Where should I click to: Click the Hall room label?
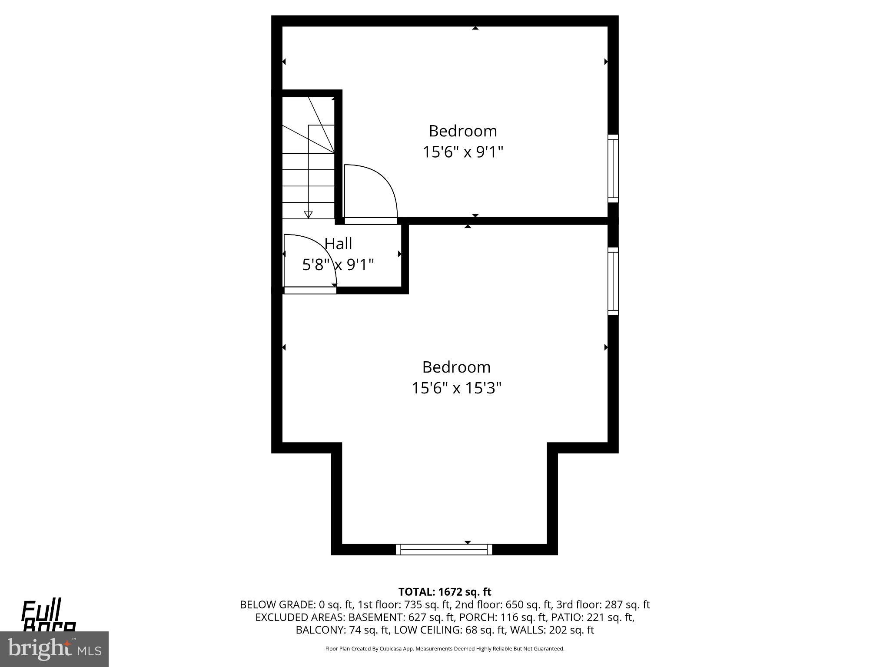tap(338, 244)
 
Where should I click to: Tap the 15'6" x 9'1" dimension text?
tap(463, 152)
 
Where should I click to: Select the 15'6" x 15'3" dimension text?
tap(456, 388)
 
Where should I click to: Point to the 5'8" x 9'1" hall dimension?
tap(338, 264)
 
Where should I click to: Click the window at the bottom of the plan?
tap(444, 549)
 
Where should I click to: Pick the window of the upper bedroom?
tap(613, 168)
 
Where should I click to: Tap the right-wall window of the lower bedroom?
tap(613, 281)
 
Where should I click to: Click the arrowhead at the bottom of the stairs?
tap(308, 214)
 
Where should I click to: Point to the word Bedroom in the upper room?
tap(463, 131)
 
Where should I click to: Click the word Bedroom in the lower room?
tap(456, 367)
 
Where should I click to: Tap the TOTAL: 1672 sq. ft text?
tap(445, 592)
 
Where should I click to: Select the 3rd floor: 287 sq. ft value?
tap(603, 604)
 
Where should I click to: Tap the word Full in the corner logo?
tap(41, 610)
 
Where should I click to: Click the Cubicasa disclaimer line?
tap(445, 649)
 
